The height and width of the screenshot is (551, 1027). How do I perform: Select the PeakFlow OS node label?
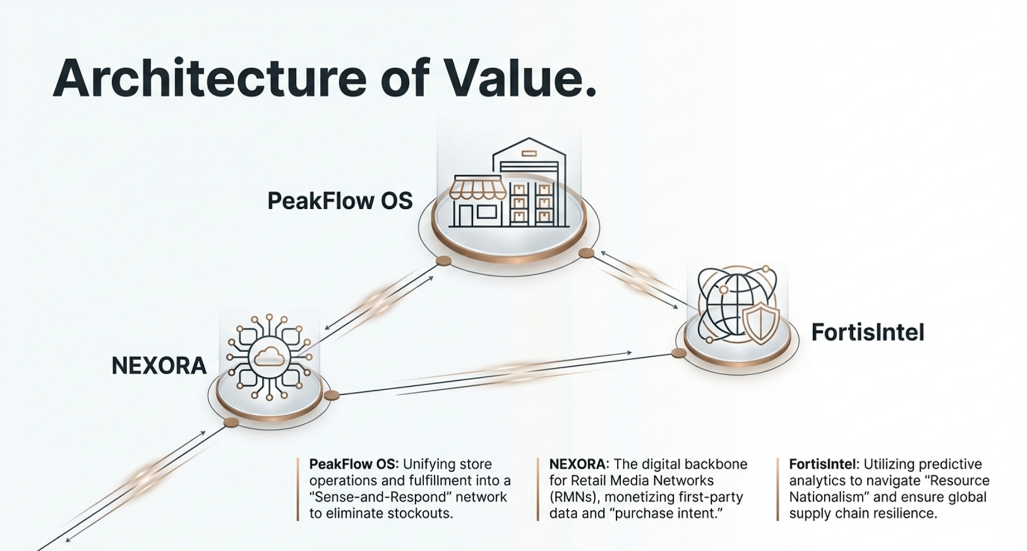(x=340, y=200)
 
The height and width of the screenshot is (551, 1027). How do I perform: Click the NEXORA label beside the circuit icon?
(x=159, y=366)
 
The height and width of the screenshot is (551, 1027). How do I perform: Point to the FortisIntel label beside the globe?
(x=868, y=333)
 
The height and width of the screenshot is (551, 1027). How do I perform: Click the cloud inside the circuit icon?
(x=269, y=356)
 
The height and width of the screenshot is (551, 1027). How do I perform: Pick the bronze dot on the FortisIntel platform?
(x=678, y=353)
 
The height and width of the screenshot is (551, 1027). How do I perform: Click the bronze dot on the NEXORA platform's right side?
(x=332, y=395)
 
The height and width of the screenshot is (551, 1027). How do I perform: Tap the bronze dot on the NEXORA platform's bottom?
(x=231, y=423)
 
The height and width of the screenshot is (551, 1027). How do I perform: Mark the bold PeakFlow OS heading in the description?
(x=354, y=464)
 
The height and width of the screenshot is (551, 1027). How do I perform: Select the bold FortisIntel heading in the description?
(x=824, y=464)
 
